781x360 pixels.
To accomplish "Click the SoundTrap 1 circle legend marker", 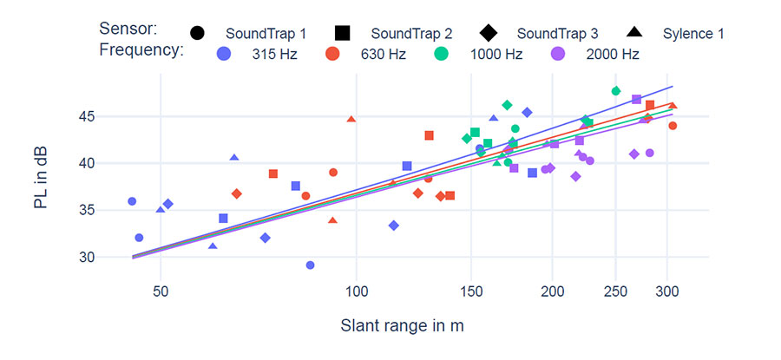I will tap(197, 34).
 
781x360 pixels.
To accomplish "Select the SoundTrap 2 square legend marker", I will tap(342, 34).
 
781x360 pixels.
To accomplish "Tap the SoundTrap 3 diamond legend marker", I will tap(488, 34).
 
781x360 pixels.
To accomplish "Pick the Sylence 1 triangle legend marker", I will tap(634, 34).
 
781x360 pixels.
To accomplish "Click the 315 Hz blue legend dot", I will tap(224, 54).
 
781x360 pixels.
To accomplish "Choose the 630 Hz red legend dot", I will tap(332, 54).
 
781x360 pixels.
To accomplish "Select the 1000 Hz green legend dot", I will tap(442, 54).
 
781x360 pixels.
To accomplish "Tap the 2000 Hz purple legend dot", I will tap(558, 54).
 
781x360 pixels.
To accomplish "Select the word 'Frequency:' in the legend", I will tap(141, 49).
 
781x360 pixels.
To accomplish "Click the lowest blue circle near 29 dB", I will tap(310, 265).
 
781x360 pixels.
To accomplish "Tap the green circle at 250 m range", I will tap(616, 91).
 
